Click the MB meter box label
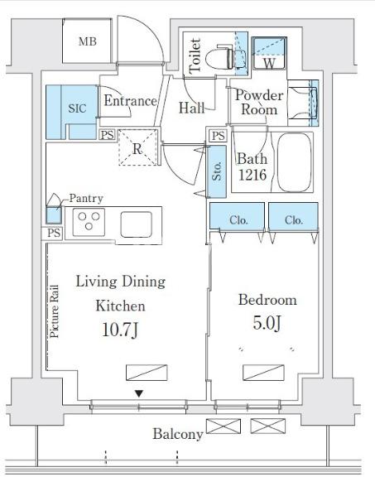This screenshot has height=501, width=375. pyautogui.click(x=88, y=41)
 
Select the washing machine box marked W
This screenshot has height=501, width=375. pyautogui.click(x=269, y=53)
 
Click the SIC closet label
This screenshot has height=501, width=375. pyautogui.click(x=77, y=108)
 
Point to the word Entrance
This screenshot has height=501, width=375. pyautogui.click(x=130, y=101)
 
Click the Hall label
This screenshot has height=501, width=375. pyautogui.click(x=192, y=108)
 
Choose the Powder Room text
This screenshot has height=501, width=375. pyautogui.click(x=259, y=102)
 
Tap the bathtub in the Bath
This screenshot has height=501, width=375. pyautogui.click(x=294, y=162)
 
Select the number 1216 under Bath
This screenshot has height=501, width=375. pyautogui.click(x=252, y=175)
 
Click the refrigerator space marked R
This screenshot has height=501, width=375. pyautogui.click(x=138, y=147)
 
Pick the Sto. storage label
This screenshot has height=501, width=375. pyautogui.click(x=217, y=171)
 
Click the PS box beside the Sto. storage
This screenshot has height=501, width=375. pyautogui.click(x=219, y=136)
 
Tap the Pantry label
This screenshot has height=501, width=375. pyautogui.click(x=86, y=199)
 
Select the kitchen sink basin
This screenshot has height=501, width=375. pyautogui.click(x=136, y=224)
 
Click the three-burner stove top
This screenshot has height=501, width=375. pyautogui.click(x=89, y=222)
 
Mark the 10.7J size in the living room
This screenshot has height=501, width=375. pyautogui.click(x=120, y=330)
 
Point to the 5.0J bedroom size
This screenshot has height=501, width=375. pyautogui.click(x=267, y=323)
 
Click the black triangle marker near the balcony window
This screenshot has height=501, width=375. pyautogui.click(x=138, y=393)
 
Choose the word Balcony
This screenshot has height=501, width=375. pyautogui.click(x=178, y=435)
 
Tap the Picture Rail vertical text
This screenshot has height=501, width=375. pyautogui.click(x=55, y=311)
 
